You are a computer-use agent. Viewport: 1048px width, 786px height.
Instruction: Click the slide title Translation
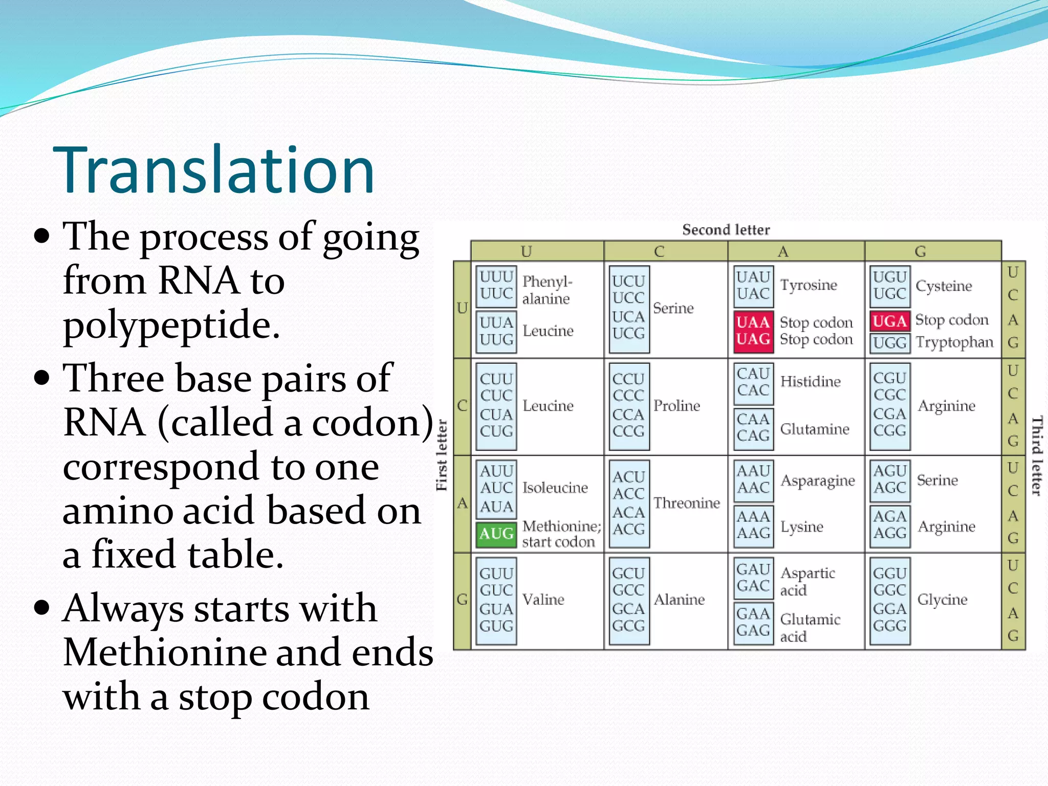pyautogui.click(x=214, y=170)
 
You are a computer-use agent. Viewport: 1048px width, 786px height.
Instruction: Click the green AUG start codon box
pyautogui.click(x=496, y=534)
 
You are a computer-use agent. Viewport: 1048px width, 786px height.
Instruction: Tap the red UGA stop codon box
pyautogui.click(x=890, y=321)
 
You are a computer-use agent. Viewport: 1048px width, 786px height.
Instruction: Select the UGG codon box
pyautogui.click(x=890, y=343)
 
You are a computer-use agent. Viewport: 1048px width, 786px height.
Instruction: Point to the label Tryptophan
pyautogui.click(x=954, y=342)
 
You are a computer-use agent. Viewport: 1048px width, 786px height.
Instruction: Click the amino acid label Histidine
pyautogui.click(x=810, y=382)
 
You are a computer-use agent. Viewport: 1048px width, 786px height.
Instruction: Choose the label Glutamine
pyautogui.click(x=814, y=429)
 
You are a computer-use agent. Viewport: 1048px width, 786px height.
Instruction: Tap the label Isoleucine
pyautogui.click(x=555, y=488)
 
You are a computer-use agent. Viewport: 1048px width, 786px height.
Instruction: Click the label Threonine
pyautogui.click(x=686, y=503)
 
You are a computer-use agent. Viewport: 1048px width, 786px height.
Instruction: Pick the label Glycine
pyautogui.click(x=942, y=599)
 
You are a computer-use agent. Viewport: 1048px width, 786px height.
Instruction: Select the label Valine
pyautogui.click(x=543, y=599)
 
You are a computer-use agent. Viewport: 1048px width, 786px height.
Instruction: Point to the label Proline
pyautogui.click(x=676, y=406)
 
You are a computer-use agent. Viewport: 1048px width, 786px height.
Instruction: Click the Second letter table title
pyautogui.click(x=726, y=230)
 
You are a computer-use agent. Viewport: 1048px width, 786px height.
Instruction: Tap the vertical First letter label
pyautogui.click(x=442, y=455)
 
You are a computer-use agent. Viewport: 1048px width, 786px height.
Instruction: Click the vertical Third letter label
pyautogui.click(x=1036, y=455)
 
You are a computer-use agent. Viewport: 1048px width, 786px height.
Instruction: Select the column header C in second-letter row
pyautogui.click(x=659, y=251)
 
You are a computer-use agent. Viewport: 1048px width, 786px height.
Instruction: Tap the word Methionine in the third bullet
pyautogui.click(x=163, y=653)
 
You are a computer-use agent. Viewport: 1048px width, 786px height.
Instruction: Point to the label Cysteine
pyautogui.click(x=944, y=286)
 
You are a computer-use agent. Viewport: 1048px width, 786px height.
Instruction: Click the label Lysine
pyautogui.click(x=801, y=527)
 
